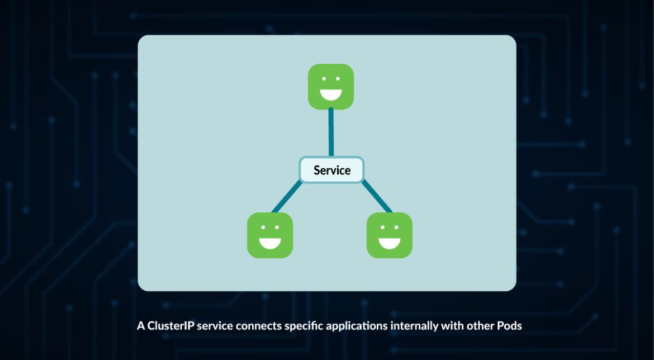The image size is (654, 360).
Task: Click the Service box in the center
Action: pos(331,170)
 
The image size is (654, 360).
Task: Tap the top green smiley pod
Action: pos(331,87)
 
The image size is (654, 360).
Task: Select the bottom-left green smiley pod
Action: pos(270,235)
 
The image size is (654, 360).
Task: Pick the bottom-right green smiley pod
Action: pos(389,235)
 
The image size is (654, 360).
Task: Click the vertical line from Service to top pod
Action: pos(331,132)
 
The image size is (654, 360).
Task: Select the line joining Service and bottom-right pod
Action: pos(377,197)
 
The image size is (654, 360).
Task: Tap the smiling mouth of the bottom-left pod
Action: pos(270,243)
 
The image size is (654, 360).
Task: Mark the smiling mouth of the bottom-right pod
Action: pos(389,243)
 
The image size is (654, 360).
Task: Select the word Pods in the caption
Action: pos(509,326)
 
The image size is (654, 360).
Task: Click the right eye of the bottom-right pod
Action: pos(396,228)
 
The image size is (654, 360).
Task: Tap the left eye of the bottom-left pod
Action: pos(263,228)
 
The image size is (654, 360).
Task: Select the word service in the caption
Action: pos(215,326)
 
